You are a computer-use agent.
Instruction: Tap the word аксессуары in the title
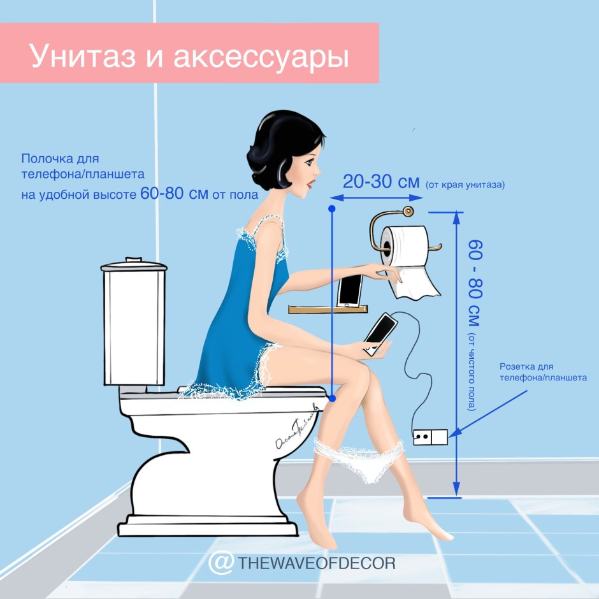tap(261, 56)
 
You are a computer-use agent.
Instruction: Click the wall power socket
tap(430, 437)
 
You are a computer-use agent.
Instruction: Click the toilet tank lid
tap(134, 264)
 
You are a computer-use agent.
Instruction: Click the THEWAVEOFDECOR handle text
tap(317, 563)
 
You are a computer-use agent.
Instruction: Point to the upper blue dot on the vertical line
tap(332, 209)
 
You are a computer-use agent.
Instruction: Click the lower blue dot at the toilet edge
tap(332, 398)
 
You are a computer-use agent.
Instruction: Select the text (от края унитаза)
tap(465, 185)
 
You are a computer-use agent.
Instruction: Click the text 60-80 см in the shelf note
tap(174, 194)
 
